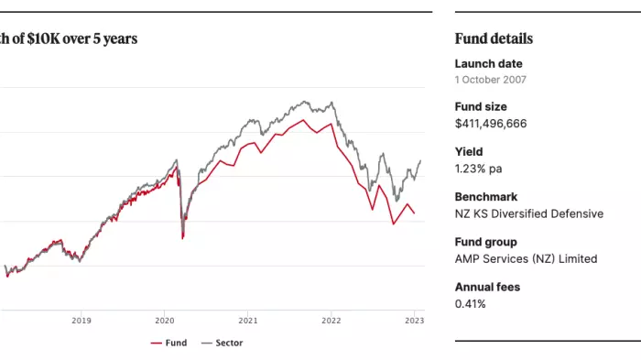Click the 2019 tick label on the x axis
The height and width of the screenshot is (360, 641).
tap(81, 321)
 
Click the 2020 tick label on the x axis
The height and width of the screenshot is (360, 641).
tap(165, 321)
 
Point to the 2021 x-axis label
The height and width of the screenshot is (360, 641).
tap(247, 321)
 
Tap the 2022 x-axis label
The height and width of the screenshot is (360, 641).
tap(331, 321)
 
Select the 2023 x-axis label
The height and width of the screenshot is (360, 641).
tap(414, 321)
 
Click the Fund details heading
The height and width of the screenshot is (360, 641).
tap(494, 38)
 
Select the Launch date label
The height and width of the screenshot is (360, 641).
tap(488, 64)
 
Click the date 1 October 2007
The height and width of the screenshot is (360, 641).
tap(491, 80)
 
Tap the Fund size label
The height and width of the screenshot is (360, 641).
tap(481, 107)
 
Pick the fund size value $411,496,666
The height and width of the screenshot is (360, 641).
tap(491, 124)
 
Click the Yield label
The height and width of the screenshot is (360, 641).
tap(469, 152)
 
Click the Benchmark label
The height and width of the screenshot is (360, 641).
tap(486, 197)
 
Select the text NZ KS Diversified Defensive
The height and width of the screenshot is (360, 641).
tap(529, 213)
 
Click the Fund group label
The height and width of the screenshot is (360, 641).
tap(485, 242)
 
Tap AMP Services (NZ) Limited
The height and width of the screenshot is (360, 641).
tap(526, 258)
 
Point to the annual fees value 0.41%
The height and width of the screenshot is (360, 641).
tap(471, 303)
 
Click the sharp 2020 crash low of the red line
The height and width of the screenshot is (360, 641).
tap(183, 238)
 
